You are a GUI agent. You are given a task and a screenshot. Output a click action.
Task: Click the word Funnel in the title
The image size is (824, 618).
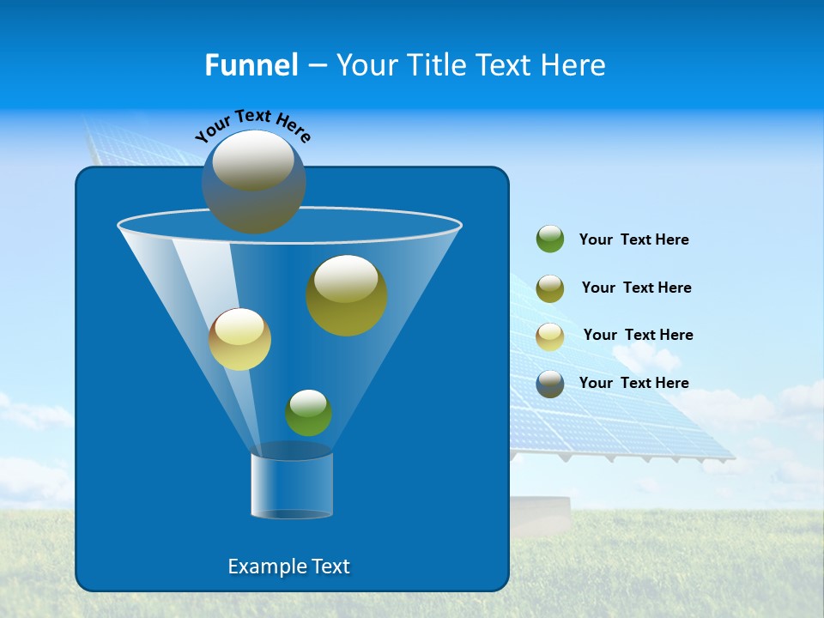[251, 65]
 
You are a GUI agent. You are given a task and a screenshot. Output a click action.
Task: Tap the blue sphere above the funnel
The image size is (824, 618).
[253, 182]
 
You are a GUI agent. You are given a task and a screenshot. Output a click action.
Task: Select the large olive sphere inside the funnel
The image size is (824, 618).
[347, 296]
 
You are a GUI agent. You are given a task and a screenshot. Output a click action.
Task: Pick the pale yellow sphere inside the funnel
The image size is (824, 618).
[239, 340]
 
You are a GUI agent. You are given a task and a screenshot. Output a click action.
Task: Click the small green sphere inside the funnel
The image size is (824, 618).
[308, 413]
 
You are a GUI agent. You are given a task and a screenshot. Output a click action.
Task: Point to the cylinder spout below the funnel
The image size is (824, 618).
[292, 486]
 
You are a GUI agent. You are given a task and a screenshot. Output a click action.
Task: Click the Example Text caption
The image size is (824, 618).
[289, 566]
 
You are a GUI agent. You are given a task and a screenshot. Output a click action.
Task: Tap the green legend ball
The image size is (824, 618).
[550, 239]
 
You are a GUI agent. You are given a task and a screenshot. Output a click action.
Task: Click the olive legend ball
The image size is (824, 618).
[550, 288]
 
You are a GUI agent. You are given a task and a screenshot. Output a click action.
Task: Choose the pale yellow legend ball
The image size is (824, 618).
[550, 336]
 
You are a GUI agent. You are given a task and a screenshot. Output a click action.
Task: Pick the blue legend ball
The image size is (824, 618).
[550, 384]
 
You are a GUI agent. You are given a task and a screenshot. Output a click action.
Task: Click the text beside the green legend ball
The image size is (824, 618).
[633, 240]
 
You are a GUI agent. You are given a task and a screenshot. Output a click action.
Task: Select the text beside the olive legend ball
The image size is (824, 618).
[636, 288]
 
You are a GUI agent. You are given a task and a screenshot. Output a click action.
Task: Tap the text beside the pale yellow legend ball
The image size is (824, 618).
[638, 336]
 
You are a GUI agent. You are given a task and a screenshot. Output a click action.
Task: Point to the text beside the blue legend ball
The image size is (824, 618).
[633, 384]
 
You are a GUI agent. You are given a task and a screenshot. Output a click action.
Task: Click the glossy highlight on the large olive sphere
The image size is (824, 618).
[346, 277]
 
